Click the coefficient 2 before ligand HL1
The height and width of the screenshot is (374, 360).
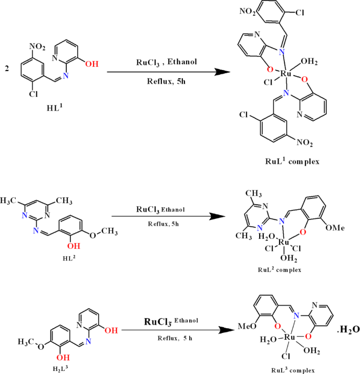tap(7, 69)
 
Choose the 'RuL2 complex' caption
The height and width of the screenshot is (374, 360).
tap(280, 270)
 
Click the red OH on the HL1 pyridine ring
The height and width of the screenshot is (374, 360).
tap(91, 64)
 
